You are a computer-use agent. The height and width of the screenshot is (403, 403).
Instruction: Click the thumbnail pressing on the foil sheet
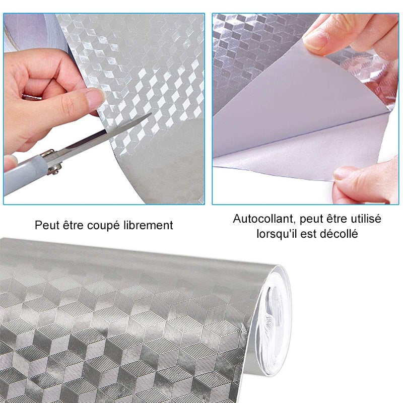pos(95,97)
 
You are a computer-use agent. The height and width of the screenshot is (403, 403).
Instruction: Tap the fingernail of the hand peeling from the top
pos(314,39)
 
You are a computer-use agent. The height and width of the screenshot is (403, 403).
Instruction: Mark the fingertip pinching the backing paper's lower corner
pos(343,174)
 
